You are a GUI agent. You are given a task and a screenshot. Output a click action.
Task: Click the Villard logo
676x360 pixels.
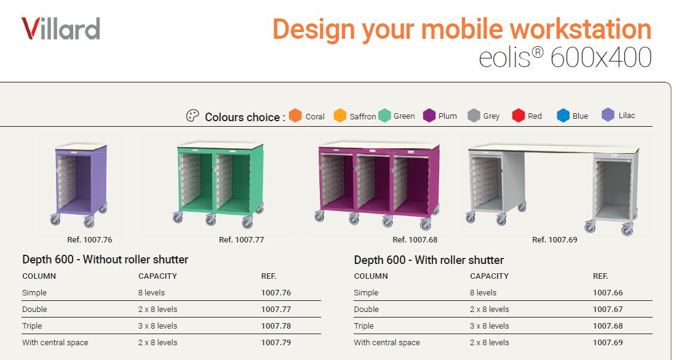(x=61, y=29)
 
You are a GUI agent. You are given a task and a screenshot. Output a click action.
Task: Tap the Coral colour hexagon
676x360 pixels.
(x=295, y=116)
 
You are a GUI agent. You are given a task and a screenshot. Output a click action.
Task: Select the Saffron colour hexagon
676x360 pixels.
(x=340, y=116)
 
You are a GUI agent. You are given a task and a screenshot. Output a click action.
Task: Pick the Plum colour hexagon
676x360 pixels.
(x=429, y=116)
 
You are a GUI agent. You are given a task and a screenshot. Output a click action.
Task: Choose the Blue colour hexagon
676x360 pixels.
(x=563, y=116)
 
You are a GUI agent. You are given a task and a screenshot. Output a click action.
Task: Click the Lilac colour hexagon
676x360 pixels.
(x=608, y=115)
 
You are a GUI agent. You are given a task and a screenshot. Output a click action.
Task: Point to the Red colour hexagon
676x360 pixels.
(x=518, y=116)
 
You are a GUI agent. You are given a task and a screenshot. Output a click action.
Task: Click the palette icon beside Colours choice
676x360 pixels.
(x=193, y=116)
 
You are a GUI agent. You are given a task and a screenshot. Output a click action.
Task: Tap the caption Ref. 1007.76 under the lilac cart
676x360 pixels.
(x=90, y=240)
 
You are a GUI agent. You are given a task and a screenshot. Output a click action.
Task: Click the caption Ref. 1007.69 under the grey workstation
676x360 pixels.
(x=554, y=240)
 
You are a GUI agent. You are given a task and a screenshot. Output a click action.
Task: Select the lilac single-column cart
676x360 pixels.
(x=79, y=185)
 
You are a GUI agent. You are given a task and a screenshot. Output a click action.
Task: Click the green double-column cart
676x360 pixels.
(x=219, y=184)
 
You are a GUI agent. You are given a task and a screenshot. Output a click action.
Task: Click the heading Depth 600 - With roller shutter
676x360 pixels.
(x=429, y=260)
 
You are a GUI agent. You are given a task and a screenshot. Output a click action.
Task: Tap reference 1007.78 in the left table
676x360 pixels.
(x=276, y=326)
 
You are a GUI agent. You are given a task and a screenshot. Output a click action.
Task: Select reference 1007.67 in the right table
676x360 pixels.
(x=608, y=309)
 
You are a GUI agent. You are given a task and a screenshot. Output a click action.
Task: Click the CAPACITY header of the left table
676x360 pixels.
(x=158, y=276)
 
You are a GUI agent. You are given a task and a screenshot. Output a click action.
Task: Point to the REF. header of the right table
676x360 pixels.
(x=600, y=276)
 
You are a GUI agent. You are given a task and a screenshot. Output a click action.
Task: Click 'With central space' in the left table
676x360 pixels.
(x=55, y=343)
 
